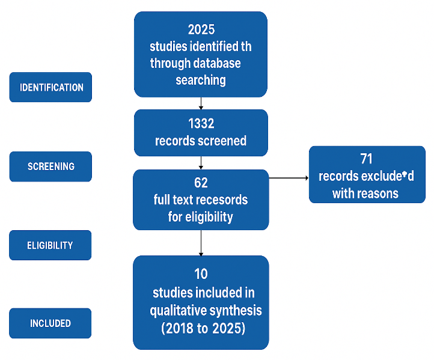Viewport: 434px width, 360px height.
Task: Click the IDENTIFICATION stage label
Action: [x=52, y=87]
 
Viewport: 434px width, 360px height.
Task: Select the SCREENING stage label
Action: [x=51, y=166]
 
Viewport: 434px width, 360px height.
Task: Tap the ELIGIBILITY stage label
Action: [x=50, y=245]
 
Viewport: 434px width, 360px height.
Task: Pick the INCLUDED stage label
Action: [x=50, y=323]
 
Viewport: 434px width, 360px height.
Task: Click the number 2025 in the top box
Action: [x=201, y=29]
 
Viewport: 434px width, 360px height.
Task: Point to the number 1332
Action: [x=201, y=123]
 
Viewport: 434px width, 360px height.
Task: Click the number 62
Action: [x=201, y=183]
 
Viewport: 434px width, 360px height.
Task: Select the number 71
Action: [x=367, y=159]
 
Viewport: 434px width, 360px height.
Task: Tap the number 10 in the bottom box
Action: [x=201, y=274]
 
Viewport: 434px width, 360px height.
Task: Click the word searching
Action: [x=201, y=81]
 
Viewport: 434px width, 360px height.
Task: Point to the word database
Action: [x=217, y=63]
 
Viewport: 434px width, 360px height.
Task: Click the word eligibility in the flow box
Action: [x=209, y=217]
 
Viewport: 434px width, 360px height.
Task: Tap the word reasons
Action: [x=378, y=194]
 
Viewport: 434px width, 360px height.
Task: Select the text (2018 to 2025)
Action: [x=203, y=329]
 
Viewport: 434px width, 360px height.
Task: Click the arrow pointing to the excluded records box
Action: [x=289, y=178]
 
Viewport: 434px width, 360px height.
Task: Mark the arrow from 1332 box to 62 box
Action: [x=201, y=163]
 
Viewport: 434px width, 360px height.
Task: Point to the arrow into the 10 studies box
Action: [x=201, y=243]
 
